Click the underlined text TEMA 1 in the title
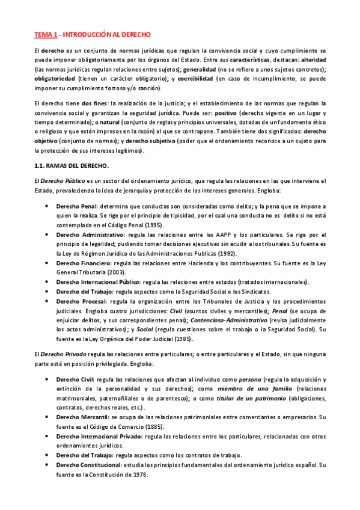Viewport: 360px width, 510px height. [x=46, y=35]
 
